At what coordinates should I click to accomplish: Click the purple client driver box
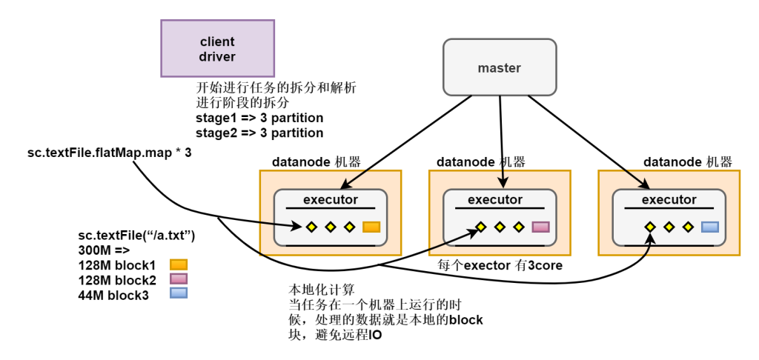pyautogui.click(x=217, y=48)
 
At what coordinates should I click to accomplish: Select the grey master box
pyautogui.click(x=499, y=68)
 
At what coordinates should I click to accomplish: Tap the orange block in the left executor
pyautogui.click(x=371, y=227)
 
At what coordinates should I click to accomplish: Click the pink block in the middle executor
pyautogui.click(x=540, y=227)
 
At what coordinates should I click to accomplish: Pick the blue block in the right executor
pyautogui.click(x=710, y=227)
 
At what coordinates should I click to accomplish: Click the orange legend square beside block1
pyautogui.click(x=179, y=264)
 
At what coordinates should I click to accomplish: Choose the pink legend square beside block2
pyautogui.click(x=179, y=279)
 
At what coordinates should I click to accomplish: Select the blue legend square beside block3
pyautogui.click(x=179, y=293)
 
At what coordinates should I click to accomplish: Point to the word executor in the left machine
pyautogui.click(x=331, y=199)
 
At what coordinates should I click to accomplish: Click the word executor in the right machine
pyautogui.click(x=669, y=199)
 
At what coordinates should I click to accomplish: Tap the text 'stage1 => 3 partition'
pyautogui.click(x=259, y=118)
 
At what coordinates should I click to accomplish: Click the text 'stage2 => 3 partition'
pyautogui.click(x=259, y=133)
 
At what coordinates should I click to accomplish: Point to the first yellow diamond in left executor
pyautogui.click(x=312, y=227)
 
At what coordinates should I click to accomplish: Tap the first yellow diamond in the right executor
pyautogui.click(x=650, y=227)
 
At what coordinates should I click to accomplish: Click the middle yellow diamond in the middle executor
pyautogui.click(x=500, y=227)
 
